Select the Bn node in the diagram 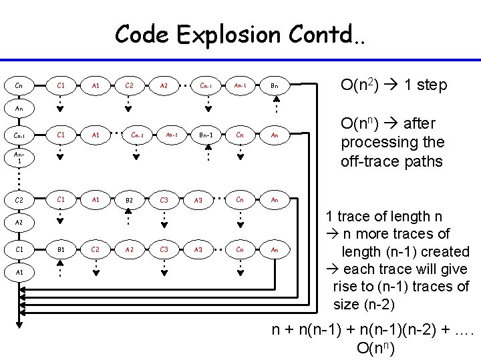click(274, 85)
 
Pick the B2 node click(130, 199)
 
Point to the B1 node click(61, 249)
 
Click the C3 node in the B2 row click(164, 199)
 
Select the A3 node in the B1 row click(198, 249)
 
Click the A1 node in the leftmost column click(19, 272)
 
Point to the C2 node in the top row click(130, 85)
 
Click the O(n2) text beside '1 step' click(360, 85)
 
